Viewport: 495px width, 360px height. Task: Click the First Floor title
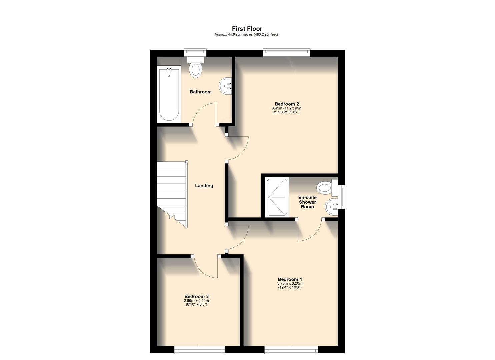pyautogui.click(x=247, y=29)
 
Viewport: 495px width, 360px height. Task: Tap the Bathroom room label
pyautogui.click(x=200, y=92)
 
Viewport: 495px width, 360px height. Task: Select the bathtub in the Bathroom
pyautogui.click(x=169, y=94)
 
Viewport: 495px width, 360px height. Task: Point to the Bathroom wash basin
pyautogui.click(x=226, y=86)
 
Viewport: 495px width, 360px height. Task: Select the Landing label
pyautogui.click(x=204, y=186)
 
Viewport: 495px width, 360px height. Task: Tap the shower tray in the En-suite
pyautogui.click(x=277, y=197)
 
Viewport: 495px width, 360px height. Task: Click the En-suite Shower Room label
pyautogui.click(x=307, y=202)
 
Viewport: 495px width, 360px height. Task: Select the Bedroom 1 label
pyautogui.click(x=290, y=279)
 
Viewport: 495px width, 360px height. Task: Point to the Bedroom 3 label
pyautogui.click(x=196, y=296)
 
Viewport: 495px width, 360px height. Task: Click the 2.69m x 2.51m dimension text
pyautogui.click(x=196, y=301)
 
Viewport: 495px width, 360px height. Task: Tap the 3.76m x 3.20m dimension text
pyautogui.click(x=290, y=284)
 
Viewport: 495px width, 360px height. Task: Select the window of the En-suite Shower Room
pyautogui.click(x=342, y=197)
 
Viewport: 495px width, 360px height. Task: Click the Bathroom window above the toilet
pyautogui.click(x=195, y=52)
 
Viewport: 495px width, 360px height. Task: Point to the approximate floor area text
pyautogui.click(x=246, y=35)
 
